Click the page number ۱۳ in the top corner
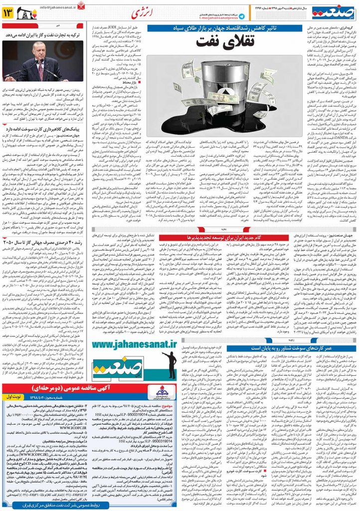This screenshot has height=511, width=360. (x=11, y=12)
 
